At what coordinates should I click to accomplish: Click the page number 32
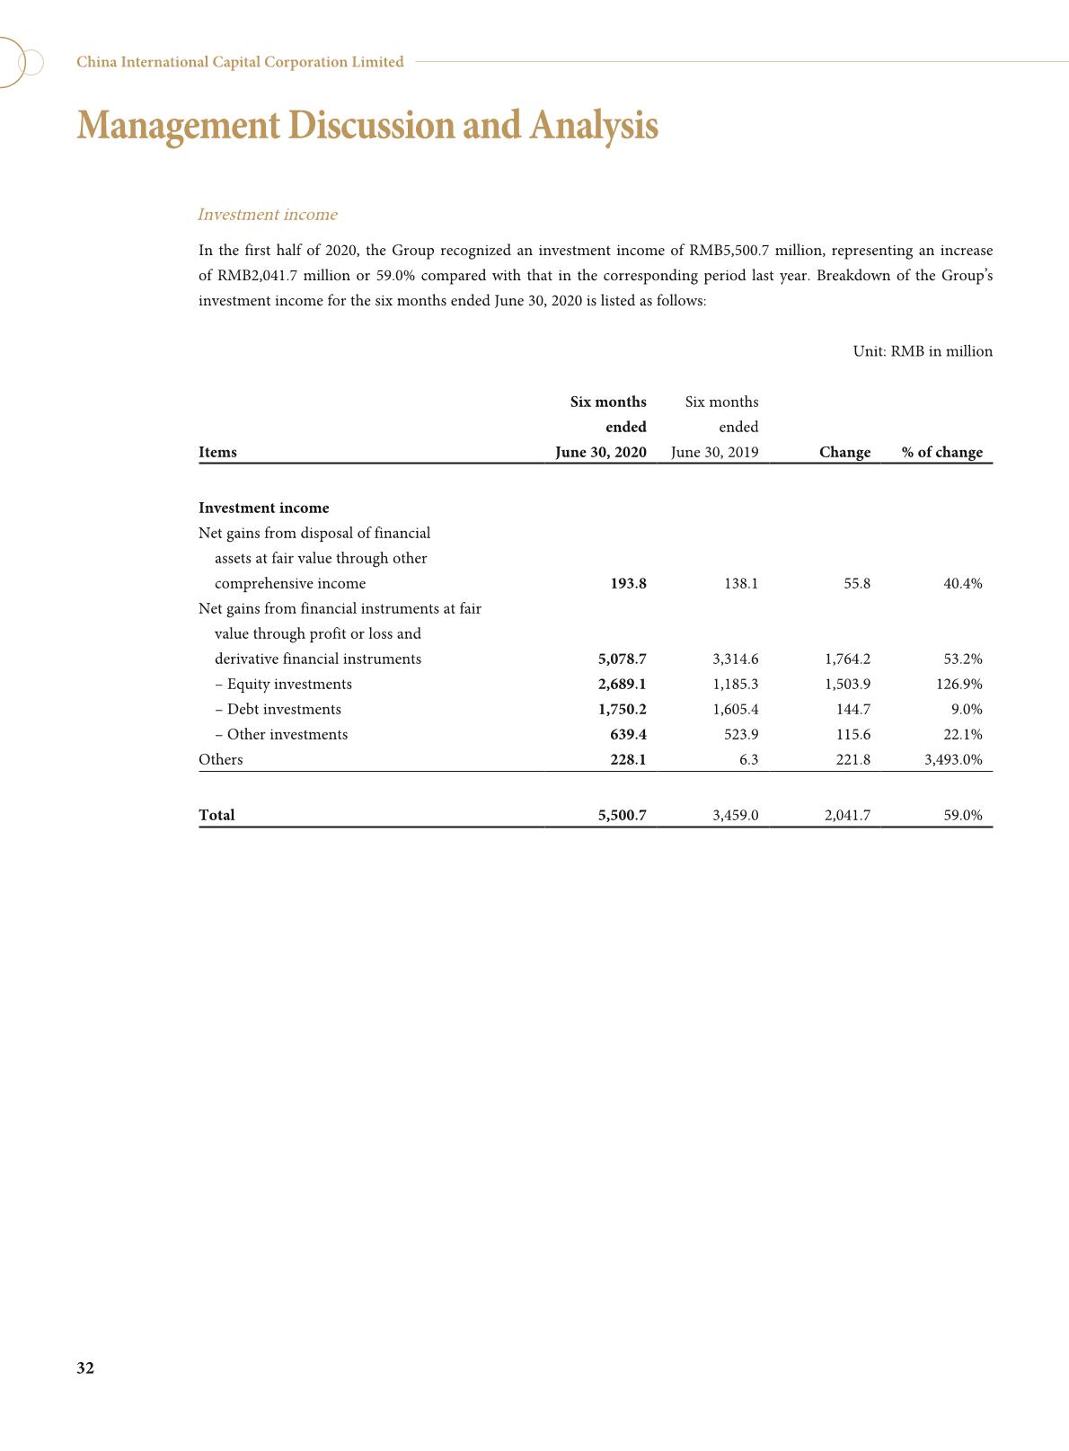(85, 1367)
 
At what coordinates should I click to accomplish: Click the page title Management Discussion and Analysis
(367, 126)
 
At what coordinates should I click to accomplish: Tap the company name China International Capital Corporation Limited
(240, 62)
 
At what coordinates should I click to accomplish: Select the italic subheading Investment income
(267, 215)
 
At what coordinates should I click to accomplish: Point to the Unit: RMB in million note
(923, 351)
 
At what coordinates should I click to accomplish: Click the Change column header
(844, 452)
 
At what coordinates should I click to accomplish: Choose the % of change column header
(942, 452)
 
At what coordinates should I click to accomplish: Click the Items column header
(217, 452)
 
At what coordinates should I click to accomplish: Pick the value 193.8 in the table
(628, 583)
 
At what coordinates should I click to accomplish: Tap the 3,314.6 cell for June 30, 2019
(735, 659)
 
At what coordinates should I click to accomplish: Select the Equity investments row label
(284, 684)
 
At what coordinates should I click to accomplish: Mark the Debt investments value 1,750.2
(622, 709)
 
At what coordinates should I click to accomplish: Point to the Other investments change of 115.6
(853, 734)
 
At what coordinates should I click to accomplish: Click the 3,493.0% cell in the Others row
(953, 759)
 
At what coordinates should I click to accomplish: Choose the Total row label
(216, 815)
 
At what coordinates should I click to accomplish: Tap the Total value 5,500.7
(622, 815)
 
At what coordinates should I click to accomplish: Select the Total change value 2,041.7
(847, 815)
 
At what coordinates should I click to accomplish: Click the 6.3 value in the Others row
(748, 759)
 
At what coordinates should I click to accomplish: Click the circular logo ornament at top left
(20, 62)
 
